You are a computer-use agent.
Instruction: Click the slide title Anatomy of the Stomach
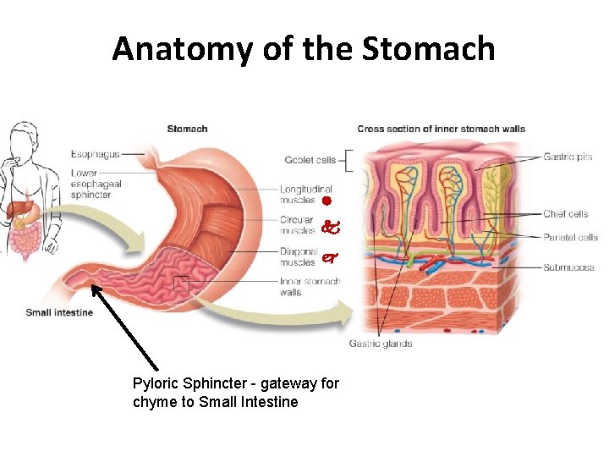click(x=304, y=49)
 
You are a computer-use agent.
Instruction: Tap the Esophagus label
click(x=94, y=155)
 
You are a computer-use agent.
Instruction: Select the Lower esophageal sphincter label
click(x=96, y=184)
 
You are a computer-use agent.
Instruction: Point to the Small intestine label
click(x=59, y=312)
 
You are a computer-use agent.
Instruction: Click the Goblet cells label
click(x=310, y=160)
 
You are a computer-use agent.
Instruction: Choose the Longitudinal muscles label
click(x=305, y=195)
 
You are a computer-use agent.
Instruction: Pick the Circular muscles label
click(x=297, y=225)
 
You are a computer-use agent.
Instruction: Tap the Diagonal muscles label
click(x=298, y=257)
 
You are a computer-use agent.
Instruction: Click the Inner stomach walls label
click(x=310, y=287)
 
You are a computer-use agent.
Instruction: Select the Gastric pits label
click(x=568, y=157)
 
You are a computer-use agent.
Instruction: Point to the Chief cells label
click(x=566, y=214)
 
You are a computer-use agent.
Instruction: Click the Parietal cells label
click(x=570, y=238)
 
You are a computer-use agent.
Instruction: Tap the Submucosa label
click(x=568, y=267)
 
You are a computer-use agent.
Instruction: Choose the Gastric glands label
click(x=381, y=344)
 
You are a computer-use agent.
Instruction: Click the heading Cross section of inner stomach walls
click(x=441, y=129)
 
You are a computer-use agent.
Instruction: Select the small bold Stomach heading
click(x=187, y=129)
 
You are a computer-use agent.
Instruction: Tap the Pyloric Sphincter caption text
click(x=235, y=393)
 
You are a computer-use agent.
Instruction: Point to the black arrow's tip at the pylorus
click(x=94, y=288)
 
